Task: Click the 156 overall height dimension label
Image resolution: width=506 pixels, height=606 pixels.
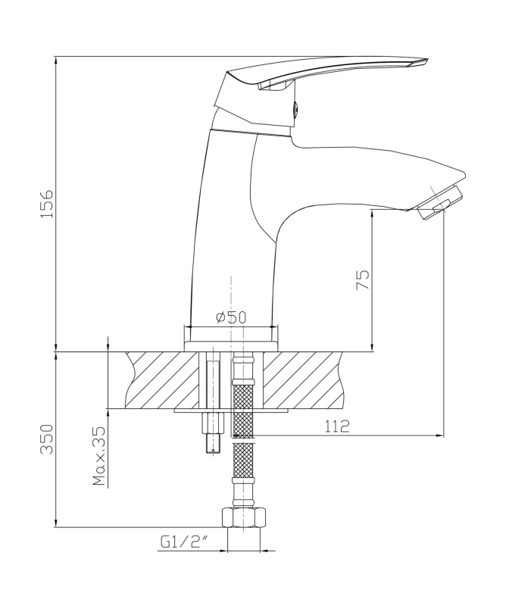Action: [x=47, y=204]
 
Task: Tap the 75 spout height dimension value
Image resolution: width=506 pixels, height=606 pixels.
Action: [x=363, y=280]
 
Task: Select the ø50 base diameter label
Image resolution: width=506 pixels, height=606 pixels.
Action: [x=231, y=317]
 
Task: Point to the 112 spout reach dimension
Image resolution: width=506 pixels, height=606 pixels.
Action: [x=337, y=426]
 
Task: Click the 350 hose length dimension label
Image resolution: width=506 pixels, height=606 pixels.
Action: [x=47, y=439]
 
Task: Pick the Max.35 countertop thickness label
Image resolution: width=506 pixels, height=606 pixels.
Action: [x=99, y=457]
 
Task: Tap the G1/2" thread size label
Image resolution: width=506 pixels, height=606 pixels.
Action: [x=185, y=542]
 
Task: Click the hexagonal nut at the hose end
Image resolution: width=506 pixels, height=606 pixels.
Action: [x=244, y=518]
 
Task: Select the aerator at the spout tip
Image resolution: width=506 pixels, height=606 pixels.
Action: [x=441, y=203]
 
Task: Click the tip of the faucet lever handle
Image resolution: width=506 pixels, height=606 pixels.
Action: [x=427, y=59]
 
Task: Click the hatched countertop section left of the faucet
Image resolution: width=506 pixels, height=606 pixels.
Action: [x=162, y=380]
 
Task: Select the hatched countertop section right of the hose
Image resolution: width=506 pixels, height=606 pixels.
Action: [x=304, y=380]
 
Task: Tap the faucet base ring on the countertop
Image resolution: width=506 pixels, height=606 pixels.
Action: [x=231, y=346]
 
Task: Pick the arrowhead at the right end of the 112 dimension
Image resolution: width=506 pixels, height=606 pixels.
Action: [x=440, y=436]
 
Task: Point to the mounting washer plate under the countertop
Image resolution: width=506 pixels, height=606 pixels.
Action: [x=231, y=411]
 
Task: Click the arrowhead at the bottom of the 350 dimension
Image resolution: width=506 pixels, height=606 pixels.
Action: [x=56, y=523]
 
